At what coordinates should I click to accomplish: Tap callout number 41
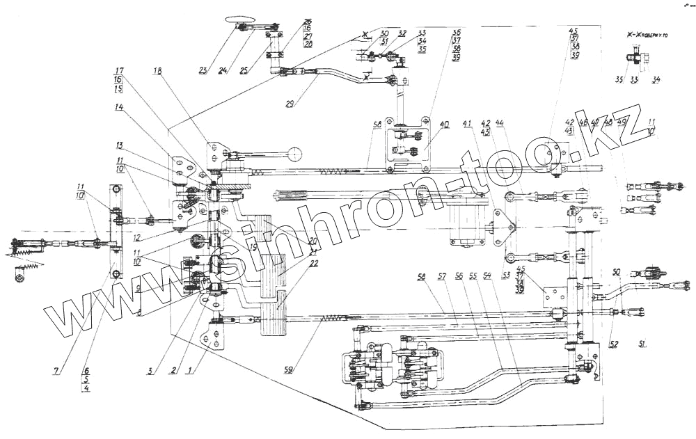click(x=467, y=123)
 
